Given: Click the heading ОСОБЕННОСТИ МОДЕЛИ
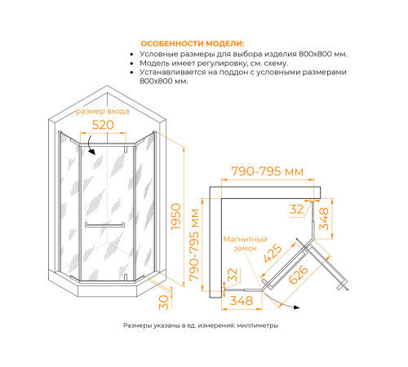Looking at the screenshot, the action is (x=193, y=44).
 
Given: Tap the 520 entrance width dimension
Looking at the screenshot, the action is (x=103, y=125).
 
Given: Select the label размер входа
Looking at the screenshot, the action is (x=103, y=111).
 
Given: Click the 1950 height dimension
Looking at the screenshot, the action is (x=175, y=217).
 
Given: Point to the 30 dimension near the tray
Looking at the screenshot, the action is (x=164, y=302).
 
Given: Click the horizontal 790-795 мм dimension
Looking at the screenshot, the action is (x=267, y=171).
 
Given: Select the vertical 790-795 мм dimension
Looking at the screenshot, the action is (x=194, y=245).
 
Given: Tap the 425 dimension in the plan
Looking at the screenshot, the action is (x=273, y=253).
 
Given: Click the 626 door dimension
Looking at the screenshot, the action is (x=298, y=275).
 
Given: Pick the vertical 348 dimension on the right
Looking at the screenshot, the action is (x=324, y=219).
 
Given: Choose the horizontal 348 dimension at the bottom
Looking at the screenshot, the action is (x=242, y=301).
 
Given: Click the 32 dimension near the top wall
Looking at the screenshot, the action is (x=296, y=210).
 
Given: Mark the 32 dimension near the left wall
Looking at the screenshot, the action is (x=233, y=275).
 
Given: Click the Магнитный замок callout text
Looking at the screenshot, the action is (x=246, y=244).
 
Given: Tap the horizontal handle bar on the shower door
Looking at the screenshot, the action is (x=104, y=225).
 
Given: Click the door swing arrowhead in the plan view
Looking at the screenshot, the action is (x=296, y=307).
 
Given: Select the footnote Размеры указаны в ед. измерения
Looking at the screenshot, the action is (x=180, y=325).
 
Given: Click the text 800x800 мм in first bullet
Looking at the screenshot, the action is (x=323, y=54).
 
